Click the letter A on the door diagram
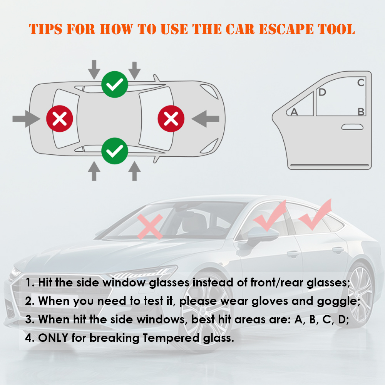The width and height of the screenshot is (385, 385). click(294, 112)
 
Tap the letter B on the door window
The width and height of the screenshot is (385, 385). click(361, 112)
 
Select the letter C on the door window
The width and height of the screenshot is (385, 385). click(361, 83)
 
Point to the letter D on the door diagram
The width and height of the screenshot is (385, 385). click(322, 92)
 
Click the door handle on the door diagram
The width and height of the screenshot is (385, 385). click(352, 127)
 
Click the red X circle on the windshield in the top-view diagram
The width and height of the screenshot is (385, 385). click(171, 119)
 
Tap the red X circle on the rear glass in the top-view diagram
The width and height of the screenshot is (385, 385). click(60, 119)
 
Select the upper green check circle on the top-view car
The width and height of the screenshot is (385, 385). click(115, 84)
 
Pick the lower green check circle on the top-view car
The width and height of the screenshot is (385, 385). click(115, 151)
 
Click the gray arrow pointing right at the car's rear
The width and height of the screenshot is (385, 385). click(26, 119)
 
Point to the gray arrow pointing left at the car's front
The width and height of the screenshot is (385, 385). click(205, 119)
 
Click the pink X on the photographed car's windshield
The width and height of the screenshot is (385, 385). click(150, 226)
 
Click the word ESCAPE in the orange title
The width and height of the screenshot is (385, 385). click(286, 29)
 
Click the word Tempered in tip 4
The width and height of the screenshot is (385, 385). click(171, 338)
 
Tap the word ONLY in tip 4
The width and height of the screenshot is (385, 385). click(53, 338)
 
